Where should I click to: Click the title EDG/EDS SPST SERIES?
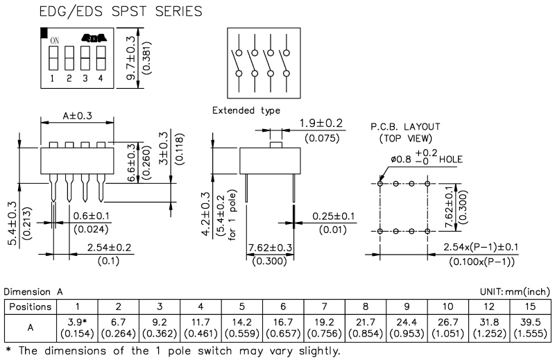point(121,11)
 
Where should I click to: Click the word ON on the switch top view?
point(54,40)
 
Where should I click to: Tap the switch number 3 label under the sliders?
point(85,79)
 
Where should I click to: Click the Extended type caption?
point(246,111)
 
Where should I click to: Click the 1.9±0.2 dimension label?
point(321,123)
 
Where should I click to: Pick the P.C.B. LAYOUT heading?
point(406,127)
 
